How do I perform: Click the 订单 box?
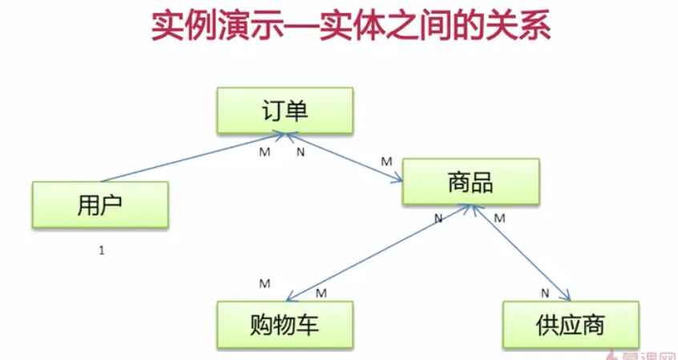[285, 111]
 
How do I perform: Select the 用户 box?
[100, 204]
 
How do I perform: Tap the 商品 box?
[470, 181]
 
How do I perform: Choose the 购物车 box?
[285, 326]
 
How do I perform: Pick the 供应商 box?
[571, 326]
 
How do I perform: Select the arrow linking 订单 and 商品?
[345, 157]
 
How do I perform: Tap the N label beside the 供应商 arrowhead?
[544, 292]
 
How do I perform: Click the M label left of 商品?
[386, 161]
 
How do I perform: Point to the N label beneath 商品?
[438, 218]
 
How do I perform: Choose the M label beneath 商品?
[499, 217]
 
